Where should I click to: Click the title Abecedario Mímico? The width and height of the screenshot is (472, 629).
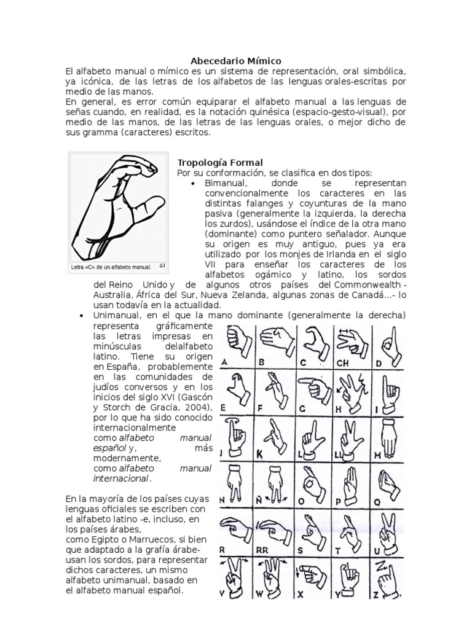click(x=236, y=61)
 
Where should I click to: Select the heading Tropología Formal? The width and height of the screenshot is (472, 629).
click(x=211, y=162)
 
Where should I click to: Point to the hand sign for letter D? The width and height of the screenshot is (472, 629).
click(x=388, y=339)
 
